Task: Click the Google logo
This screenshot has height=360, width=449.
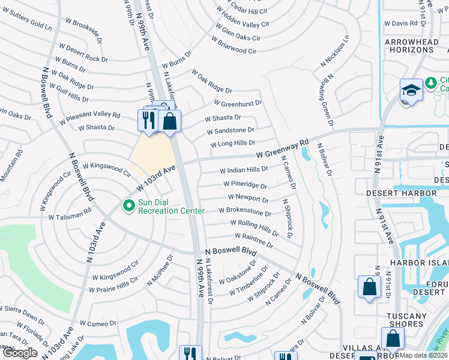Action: tap(19, 353)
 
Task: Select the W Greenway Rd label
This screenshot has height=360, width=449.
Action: tap(282, 149)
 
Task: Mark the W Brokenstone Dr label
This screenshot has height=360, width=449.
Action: tap(245, 211)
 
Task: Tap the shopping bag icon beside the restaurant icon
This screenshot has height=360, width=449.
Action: tap(170, 121)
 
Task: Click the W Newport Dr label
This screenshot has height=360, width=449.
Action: tap(248, 199)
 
